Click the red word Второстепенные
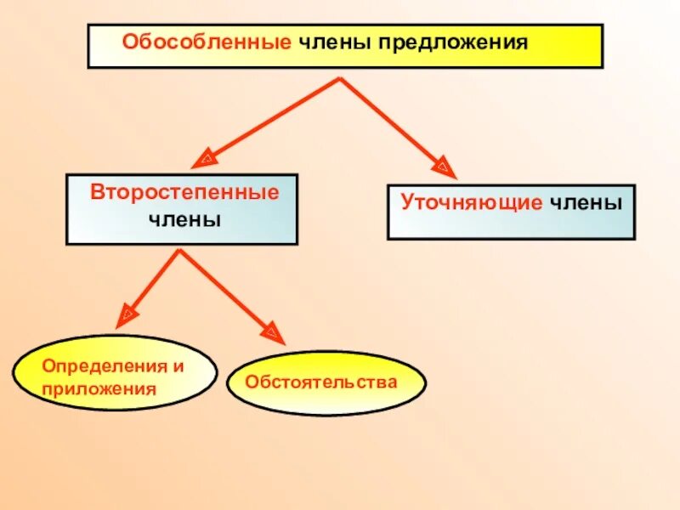184,192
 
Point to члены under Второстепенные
184,219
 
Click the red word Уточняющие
471,203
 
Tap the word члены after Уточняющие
586,203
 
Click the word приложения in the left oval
99,389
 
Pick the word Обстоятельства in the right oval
321,382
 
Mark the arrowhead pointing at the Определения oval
125,315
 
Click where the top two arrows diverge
340,79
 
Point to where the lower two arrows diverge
179,250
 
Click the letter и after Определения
178,365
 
